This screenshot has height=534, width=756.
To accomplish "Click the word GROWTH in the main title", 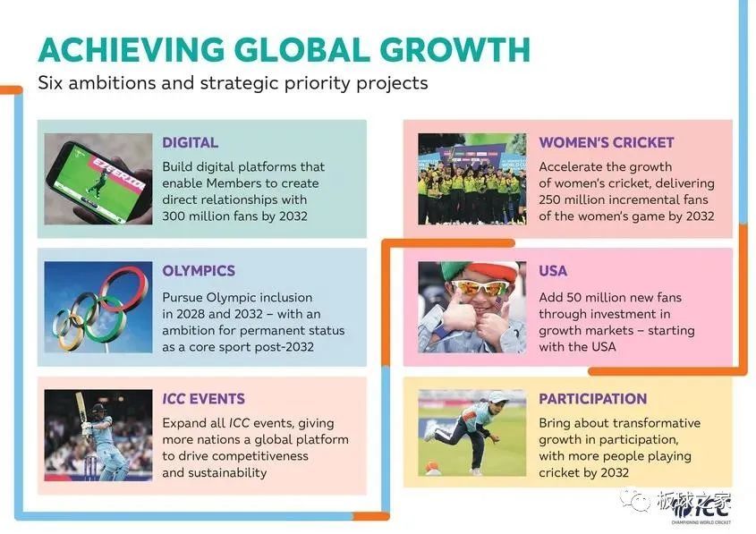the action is tap(454, 49).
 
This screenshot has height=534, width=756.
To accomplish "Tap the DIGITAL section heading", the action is tap(190, 142).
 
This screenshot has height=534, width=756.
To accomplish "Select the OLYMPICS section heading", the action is tap(199, 271).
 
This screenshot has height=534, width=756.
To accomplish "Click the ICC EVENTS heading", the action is tap(203, 399).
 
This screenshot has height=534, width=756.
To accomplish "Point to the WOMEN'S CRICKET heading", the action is tap(607, 142).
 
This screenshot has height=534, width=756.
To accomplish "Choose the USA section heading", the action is tap(553, 271).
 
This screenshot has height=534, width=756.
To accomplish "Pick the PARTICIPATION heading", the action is tap(593, 399).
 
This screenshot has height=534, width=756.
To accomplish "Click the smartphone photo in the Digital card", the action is tap(98, 179).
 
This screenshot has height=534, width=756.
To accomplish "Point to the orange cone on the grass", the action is tap(432, 467).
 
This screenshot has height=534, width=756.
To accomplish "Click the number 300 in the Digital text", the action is tap(174, 216).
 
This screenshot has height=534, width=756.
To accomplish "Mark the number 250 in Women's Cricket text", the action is tap(550, 199).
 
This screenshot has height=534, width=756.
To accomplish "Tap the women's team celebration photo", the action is tap(472, 179).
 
